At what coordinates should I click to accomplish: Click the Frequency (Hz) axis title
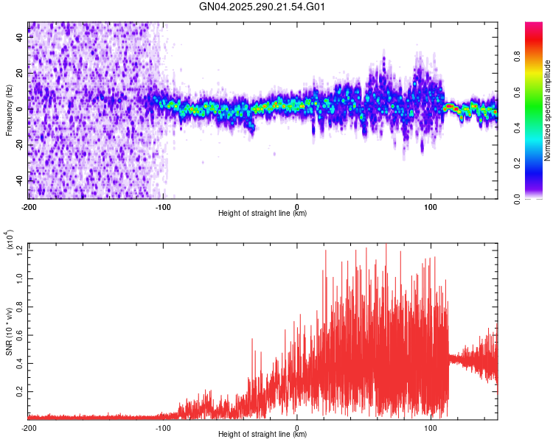(x=9, y=110)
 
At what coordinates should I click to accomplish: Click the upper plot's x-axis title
(x=262, y=213)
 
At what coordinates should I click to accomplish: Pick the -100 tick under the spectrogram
(x=163, y=206)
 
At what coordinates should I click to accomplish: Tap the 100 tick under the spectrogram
(x=431, y=206)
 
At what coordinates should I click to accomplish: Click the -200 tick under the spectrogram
(x=29, y=206)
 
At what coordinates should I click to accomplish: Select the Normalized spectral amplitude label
(x=548, y=110)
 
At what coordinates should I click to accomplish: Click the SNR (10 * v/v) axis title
(x=9, y=331)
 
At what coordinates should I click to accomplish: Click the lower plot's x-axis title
(x=262, y=434)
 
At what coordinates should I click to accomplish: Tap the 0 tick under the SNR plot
(x=297, y=427)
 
